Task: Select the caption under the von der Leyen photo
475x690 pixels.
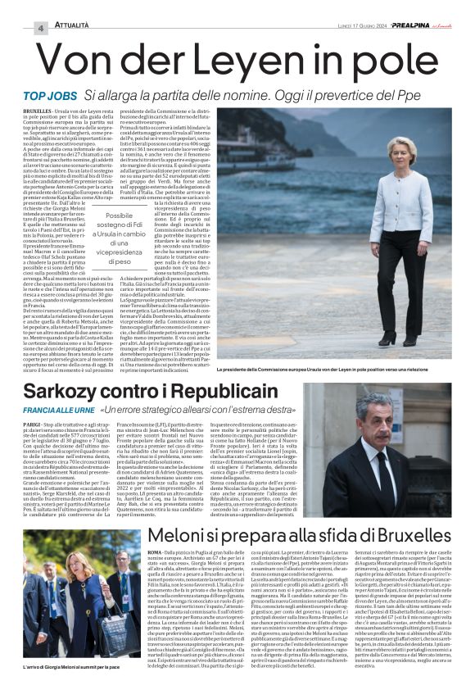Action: point(334,369)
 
